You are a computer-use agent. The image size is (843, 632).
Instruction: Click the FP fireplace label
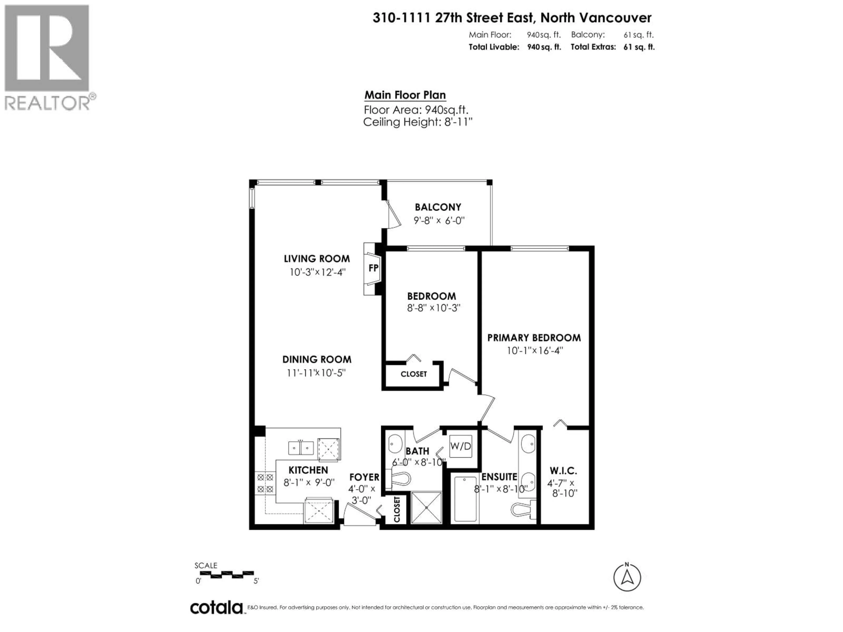point(373,268)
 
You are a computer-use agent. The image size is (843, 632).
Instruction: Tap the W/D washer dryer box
point(460,446)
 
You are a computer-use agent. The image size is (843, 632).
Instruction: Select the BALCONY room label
point(438,207)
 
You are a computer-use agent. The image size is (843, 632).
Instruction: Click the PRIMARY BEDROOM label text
point(534,338)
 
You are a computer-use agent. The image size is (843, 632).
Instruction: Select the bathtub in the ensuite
point(465,499)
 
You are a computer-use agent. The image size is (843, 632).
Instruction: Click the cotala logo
point(216,608)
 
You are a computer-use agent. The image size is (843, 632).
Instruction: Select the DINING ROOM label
point(317,360)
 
